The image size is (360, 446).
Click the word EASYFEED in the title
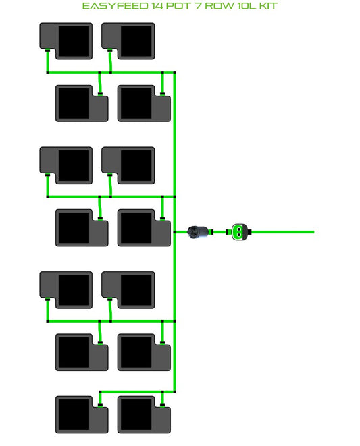click(115, 6)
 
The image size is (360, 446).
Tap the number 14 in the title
click(157, 6)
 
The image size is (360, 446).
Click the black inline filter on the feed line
click(198, 232)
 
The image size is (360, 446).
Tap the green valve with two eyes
click(239, 232)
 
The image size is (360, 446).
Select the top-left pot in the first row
click(66, 41)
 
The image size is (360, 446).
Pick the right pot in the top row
click(128, 41)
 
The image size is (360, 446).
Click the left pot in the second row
click(82, 103)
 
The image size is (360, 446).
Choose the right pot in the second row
click(144, 103)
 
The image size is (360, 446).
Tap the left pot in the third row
click(66, 165)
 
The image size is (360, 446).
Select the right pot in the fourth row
click(144, 227)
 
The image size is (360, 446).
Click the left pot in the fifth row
click(66, 290)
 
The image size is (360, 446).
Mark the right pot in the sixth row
click(144, 352)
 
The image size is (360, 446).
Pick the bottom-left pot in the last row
click(82, 414)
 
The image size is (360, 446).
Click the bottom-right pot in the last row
click(144, 414)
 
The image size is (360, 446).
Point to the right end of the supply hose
click(314, 232)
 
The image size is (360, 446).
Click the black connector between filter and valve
click(212, 232)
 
